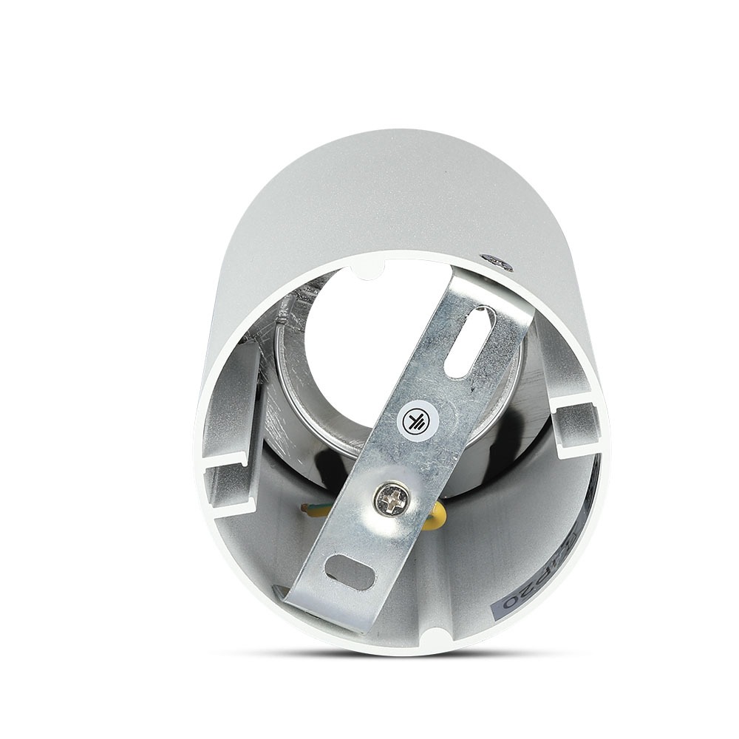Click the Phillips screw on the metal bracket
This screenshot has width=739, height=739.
(x=392, y=501)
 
